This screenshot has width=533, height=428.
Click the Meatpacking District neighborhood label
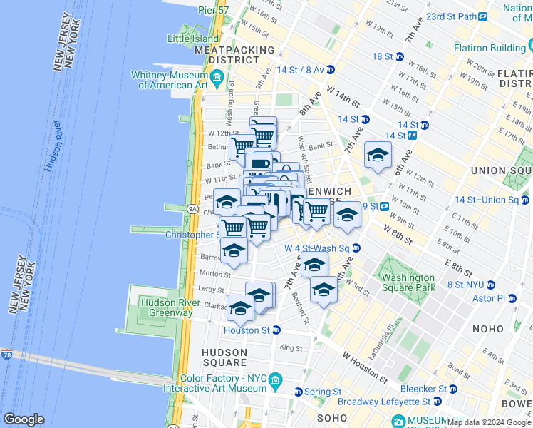tap(234, 55)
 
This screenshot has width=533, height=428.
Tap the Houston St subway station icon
tap(276, 330)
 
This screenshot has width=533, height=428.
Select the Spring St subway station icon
tap(299, 392)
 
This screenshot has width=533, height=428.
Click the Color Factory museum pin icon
tap(274, 388)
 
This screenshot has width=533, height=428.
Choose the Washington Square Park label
tap(408, 282)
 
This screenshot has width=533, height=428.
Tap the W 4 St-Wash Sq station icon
tap(356, 248)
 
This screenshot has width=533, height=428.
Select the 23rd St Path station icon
tap(482, 16)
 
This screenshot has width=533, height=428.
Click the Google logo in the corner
tap(24, 419)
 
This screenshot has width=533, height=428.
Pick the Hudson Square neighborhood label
tap(224, 358)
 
